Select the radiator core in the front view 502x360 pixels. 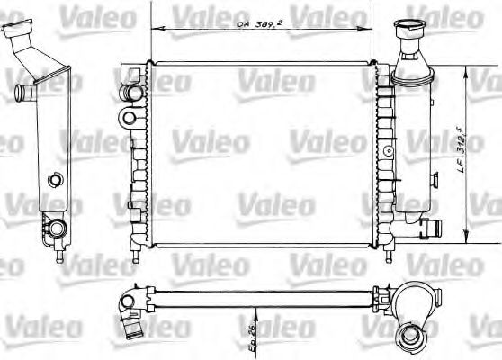click(261, 153)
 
